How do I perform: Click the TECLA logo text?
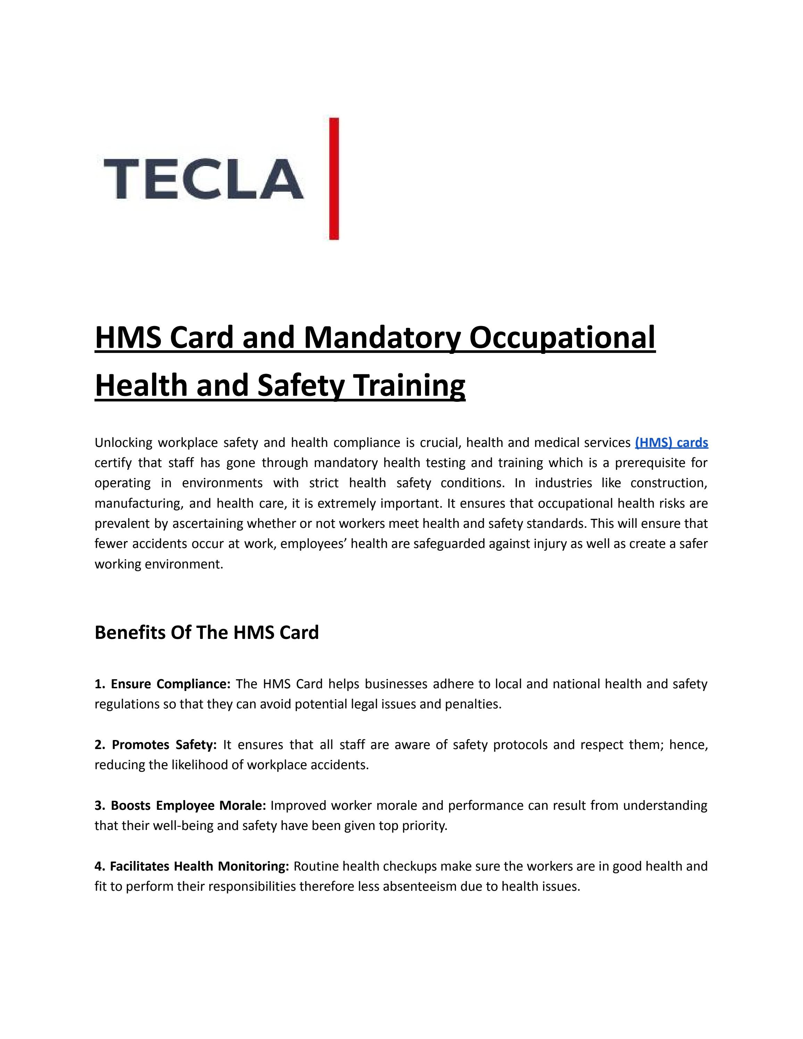(x=203, y=179)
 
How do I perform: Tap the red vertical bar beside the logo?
(x=334, y=178)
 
